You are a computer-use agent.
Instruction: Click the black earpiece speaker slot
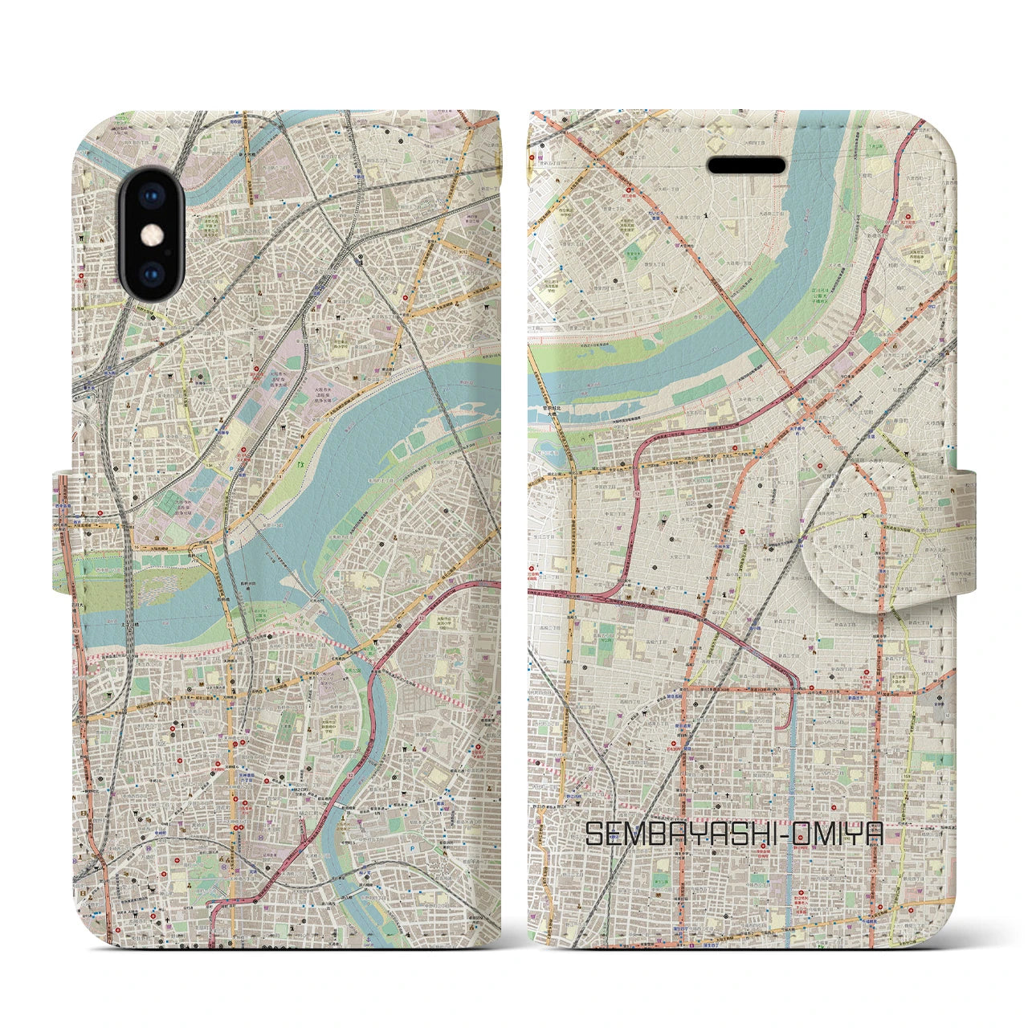point(746,165)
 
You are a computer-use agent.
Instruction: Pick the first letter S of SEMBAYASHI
point(594,834)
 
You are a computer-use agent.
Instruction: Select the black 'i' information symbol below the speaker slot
point(704,214)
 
